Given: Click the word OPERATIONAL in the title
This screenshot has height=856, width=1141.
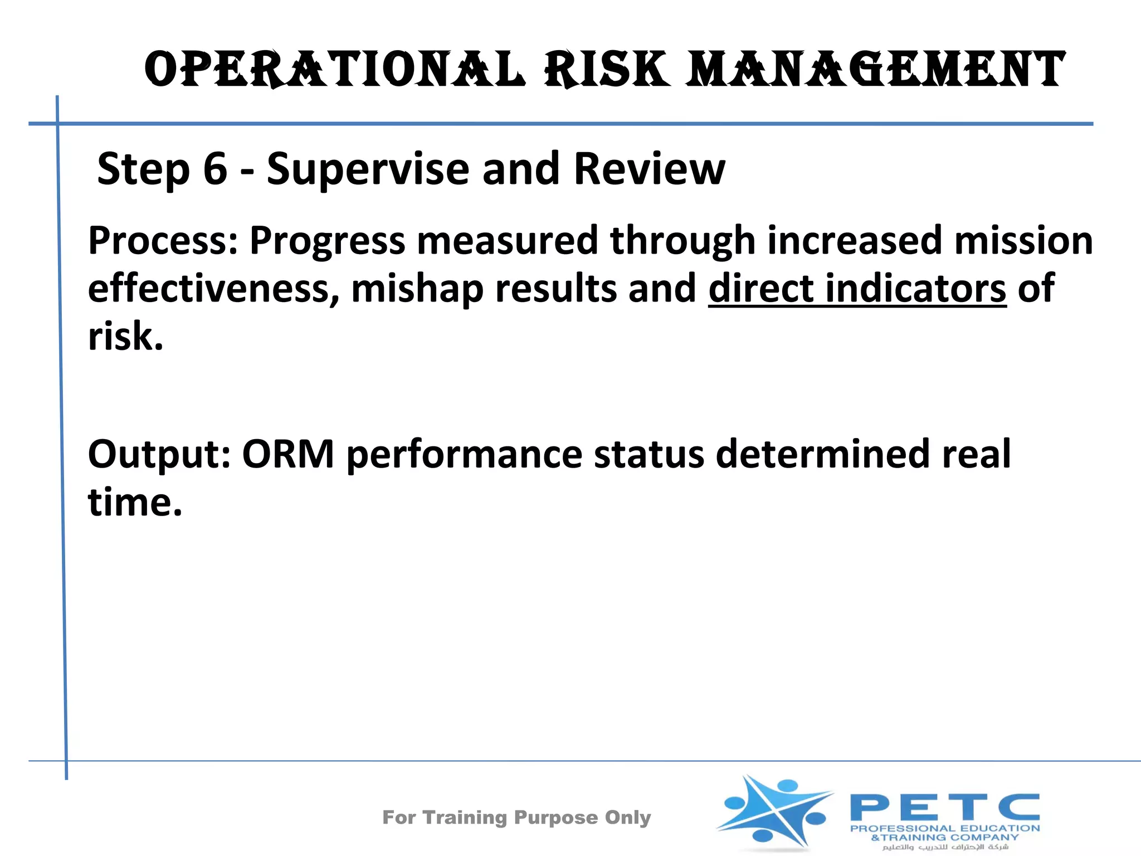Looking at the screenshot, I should point(334,70).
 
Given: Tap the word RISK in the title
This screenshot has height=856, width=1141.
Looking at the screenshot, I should point(607,70).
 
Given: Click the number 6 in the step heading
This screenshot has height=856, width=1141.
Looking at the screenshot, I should point(215,169).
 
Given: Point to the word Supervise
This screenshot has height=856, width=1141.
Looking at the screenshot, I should point(368,169).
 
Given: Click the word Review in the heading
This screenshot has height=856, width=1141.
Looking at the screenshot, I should point(649,169).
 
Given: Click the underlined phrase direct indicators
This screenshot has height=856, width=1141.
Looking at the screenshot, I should point(857,289).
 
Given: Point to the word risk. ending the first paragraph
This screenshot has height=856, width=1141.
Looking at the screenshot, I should point(126,337).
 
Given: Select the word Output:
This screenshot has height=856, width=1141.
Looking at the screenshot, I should point(159,455).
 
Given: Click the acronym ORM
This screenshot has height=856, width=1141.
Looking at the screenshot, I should point(288,455).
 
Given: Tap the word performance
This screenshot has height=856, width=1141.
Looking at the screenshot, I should point(464,455).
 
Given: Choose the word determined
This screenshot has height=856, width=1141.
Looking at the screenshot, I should point(822,455).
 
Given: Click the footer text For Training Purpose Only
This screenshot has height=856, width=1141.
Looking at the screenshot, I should point(516,818).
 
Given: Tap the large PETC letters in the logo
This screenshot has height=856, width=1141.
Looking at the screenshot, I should point(944,808).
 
